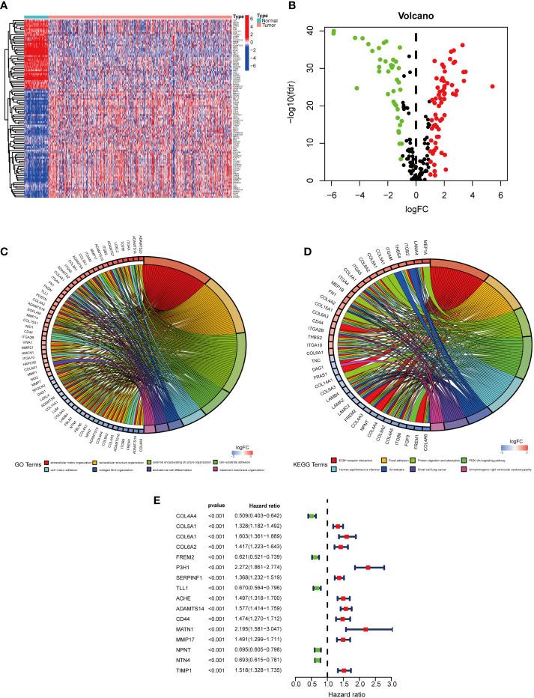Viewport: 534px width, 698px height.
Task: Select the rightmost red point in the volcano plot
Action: [492, 86]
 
